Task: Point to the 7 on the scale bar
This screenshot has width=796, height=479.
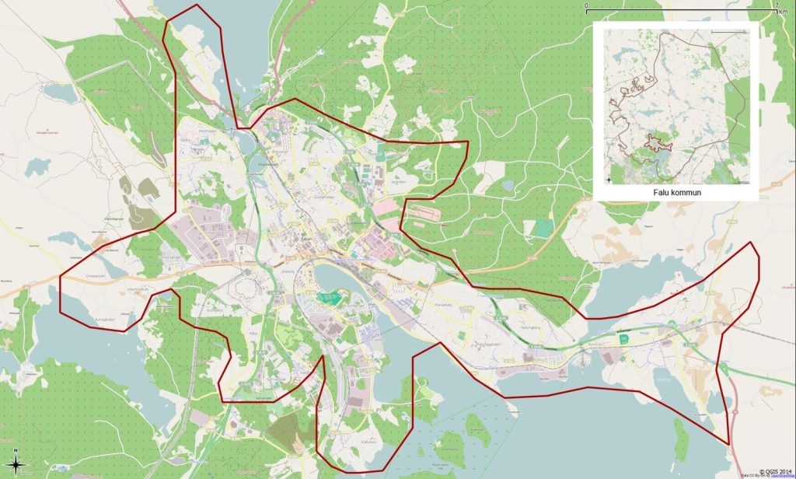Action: tap(777, 5)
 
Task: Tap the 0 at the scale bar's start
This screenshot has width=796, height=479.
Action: tap(586, 5)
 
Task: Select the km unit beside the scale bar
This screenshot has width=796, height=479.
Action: tap(783, 12)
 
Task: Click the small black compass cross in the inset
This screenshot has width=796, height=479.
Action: tap(608, 180)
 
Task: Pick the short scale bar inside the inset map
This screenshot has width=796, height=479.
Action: tap(727, 31)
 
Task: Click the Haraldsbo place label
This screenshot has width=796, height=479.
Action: tap(443, 304)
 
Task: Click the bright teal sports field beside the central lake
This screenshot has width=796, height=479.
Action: tap(332, 296)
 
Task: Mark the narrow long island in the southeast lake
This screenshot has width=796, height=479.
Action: tap(473, 425)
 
